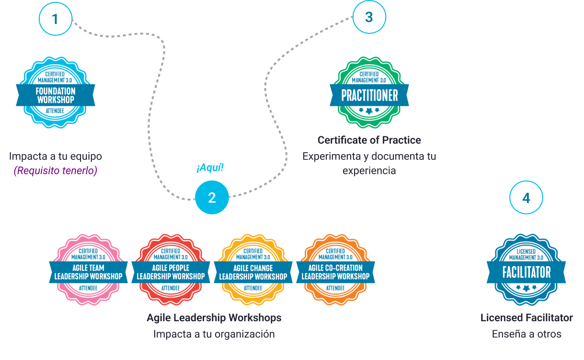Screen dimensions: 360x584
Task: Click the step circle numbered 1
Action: click(x=55, y=20)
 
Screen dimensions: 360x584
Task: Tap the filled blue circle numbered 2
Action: click(x=212, y=198)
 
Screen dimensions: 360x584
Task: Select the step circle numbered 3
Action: click(x=368, y=17)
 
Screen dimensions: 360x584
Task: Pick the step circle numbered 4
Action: click(x=526, y=198)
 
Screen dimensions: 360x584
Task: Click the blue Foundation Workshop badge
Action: click(x=56, y=93)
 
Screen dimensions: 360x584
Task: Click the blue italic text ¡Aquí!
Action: click(x=210, y=168)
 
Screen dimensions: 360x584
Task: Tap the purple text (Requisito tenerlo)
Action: click(x=55, y=171)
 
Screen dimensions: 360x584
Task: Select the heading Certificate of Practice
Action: click(x=369, y=140)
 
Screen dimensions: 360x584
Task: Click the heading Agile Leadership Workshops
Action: click(x=214, y=318)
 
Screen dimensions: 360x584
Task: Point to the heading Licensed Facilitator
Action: click(x=527, y=318)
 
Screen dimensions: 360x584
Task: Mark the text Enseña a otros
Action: click(x=527, y=334)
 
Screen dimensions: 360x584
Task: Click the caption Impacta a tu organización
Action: click(x=214, y=334)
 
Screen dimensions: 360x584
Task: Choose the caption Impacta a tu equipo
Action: click(x=56, y=156)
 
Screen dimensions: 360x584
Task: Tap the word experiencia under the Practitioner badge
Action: click(x=369, y=171)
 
